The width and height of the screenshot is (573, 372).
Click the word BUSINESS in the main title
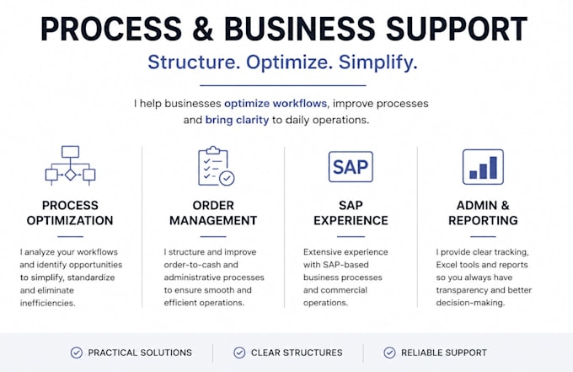(x=300, y=29)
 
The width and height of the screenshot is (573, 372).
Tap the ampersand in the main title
(x=202, y=29)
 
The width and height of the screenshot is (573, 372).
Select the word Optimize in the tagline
(x=289, y=62)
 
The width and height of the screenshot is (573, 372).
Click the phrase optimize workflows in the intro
(x=276, y=104)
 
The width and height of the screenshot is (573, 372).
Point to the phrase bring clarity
(x=237, y=120)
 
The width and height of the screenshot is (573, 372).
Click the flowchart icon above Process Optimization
(x=70, y=165)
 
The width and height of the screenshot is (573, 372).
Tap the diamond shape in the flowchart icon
(x=70, y=175)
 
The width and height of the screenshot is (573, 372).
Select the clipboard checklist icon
(x=216, y=165)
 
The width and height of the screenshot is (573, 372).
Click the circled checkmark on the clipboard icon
(x=227, y=178)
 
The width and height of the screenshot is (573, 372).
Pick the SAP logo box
(x=351, y=167)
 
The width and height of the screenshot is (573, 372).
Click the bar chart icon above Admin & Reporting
(x=483, y=167)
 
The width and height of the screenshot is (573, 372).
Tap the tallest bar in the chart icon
(x=493, y=168)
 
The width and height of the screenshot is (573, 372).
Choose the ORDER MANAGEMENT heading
(x=213, y=213)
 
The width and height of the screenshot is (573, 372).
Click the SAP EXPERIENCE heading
(x=351, y=213)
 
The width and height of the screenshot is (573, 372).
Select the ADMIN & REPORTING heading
(x=483, y=213)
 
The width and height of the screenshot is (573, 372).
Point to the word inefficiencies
(x=47, y=303)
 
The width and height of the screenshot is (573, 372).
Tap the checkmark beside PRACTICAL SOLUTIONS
(x=77, y=353)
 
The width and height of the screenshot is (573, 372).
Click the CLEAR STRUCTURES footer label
(x=297, y=353)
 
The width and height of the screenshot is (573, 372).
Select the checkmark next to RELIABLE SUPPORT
(x=389, y=353)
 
